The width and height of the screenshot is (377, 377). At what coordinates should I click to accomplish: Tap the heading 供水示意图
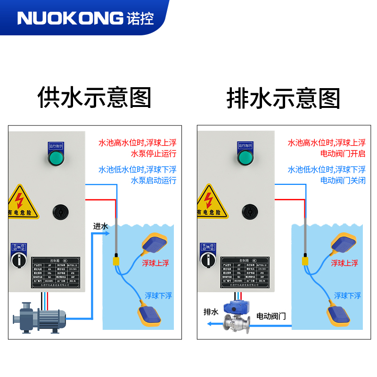[94, 98]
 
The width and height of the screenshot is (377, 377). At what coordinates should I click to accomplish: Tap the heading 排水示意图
[283, 98]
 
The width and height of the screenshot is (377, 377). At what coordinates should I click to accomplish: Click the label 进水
[100, 227]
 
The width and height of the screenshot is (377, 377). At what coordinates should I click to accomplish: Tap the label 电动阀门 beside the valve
[271, 315]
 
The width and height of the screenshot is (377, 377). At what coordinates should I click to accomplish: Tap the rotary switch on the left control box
[19, 260]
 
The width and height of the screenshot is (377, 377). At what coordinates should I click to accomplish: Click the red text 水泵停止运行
[153, 154]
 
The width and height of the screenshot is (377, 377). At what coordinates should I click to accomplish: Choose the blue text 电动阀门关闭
[343, 180]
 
